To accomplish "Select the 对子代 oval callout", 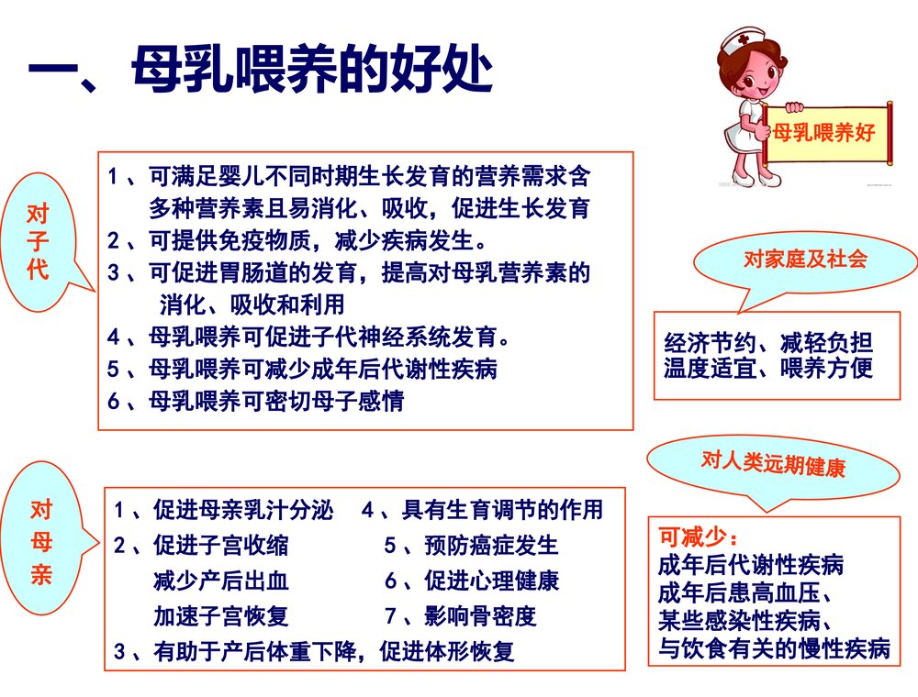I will tap(39, 243).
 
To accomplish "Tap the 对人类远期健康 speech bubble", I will tap(773, 462).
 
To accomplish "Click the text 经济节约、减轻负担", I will tap(767, 344).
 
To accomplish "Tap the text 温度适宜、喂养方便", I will tap(767, 368).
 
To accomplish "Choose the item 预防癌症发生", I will tap(471, 547).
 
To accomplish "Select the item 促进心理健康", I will tap(472, 581).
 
